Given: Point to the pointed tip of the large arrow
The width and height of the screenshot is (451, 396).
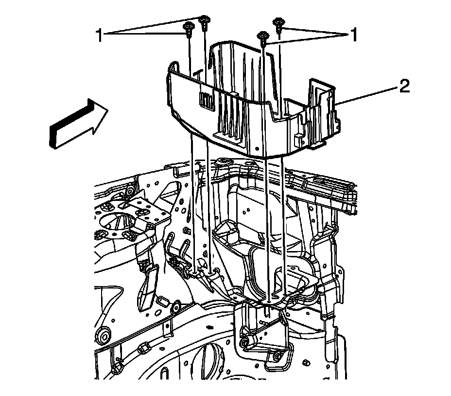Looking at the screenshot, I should click(107, 109).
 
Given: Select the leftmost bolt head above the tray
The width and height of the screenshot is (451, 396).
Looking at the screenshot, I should click(188, 30).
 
